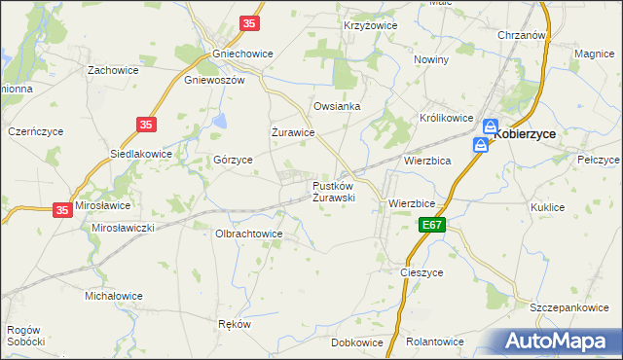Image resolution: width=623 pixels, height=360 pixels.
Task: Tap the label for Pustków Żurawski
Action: click(x=333, y=191)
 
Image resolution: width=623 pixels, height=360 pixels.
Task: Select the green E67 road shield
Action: click(x=433, y=225)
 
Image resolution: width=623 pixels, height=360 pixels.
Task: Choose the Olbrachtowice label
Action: click(x=248, y=234)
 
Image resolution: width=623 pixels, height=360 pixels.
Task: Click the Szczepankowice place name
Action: click(x=569, y=306)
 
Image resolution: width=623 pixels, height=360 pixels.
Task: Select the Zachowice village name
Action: click(x=113, y=70)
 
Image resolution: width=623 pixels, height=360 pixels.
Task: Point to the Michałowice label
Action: click(x=114, y=295)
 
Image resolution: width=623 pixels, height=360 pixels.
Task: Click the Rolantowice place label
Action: click(x=434, y=342)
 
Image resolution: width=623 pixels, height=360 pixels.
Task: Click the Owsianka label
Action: click(x=337, y=106)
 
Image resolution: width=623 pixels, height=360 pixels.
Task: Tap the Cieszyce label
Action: click(x=422, y=272)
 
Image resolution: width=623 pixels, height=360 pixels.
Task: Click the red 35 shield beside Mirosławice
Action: click(x=61, y=209)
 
